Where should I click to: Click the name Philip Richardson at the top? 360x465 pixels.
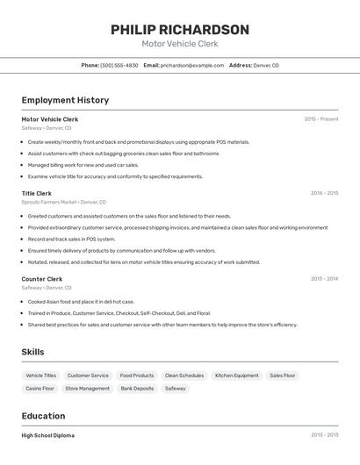tap(180, 30)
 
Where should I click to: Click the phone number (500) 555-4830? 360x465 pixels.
tap(119, 65)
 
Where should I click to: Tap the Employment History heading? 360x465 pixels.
tap(65, 100)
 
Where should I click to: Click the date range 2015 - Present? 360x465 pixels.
tap(321, 118)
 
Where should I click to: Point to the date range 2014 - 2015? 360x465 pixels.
tap(324, 193)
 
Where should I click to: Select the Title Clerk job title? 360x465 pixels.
tap(37, 193)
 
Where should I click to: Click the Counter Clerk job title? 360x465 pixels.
tap(42, 279)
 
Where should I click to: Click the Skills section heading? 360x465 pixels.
tap(33, 352)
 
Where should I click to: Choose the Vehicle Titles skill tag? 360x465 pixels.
tap(41, 376)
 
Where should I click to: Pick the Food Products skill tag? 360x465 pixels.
tap(137, 376)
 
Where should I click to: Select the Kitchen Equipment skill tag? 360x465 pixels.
tap(237, 376)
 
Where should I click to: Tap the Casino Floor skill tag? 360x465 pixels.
tap(40, 388)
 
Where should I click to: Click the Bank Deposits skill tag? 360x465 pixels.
tap(137, 388)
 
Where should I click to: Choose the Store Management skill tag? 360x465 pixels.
tap(88, 388)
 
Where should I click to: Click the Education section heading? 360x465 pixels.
tap(43, 416)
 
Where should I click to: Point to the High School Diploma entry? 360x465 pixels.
tap(48, 435)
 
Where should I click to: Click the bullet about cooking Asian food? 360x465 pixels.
tap(81, 301)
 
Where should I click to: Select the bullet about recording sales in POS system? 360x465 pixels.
tap(71, 239)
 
